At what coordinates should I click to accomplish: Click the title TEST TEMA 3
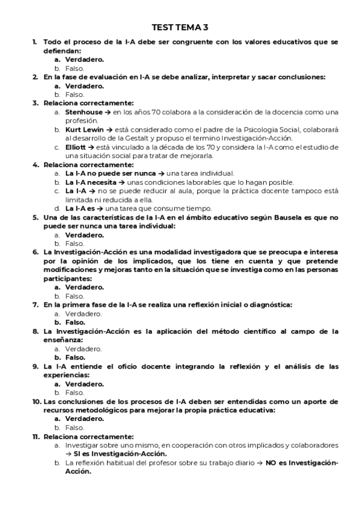tap(180, 28)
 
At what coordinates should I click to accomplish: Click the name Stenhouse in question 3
tap(84, 112)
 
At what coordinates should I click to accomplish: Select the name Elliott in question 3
tap(76, 147)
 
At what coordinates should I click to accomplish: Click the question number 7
tap(35, 305)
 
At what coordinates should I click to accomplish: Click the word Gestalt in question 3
tap(137, 138)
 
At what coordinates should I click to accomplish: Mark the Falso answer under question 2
tap(75, 94)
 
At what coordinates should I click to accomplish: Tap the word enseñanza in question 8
tap(63, 340)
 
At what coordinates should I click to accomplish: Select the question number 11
tap(36, 437)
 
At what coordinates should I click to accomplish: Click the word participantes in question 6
tap(66, 279)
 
